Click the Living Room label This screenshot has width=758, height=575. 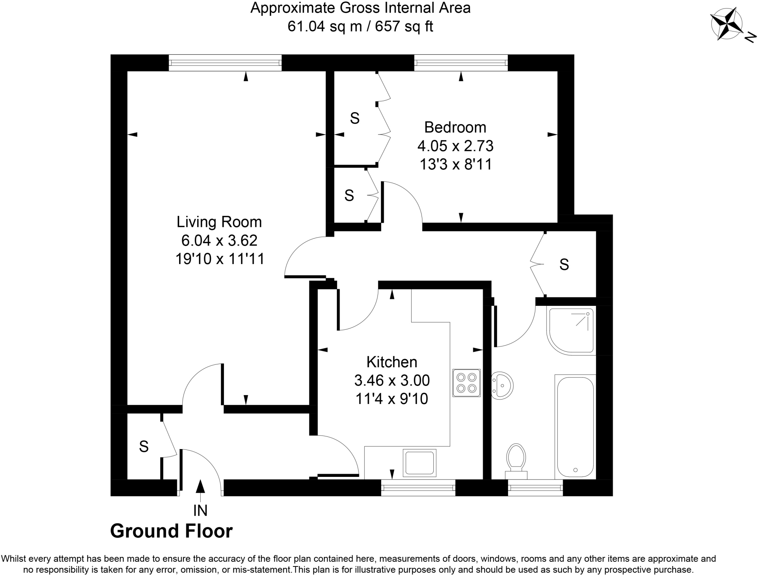point(219,222)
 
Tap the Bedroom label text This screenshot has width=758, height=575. point(455,127)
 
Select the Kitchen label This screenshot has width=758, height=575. point(392,362)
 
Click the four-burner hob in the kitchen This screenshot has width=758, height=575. point(466,383)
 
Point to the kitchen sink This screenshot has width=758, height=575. point(419,462)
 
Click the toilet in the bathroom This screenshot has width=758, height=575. point(516,459)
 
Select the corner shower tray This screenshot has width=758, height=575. point(571,330)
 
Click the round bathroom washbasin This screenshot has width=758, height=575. point(502,385)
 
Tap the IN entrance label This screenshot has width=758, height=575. point(200,511)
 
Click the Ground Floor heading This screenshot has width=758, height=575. point(171,531)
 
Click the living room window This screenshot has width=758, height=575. point(225,63)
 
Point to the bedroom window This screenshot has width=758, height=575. point(461,63)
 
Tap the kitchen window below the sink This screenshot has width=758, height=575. point(418,488)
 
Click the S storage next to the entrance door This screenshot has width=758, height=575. point(144,447)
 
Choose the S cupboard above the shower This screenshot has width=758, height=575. point(564,264)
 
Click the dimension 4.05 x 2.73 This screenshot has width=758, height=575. point(455,146)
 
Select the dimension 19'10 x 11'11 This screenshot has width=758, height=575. point(220,259)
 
